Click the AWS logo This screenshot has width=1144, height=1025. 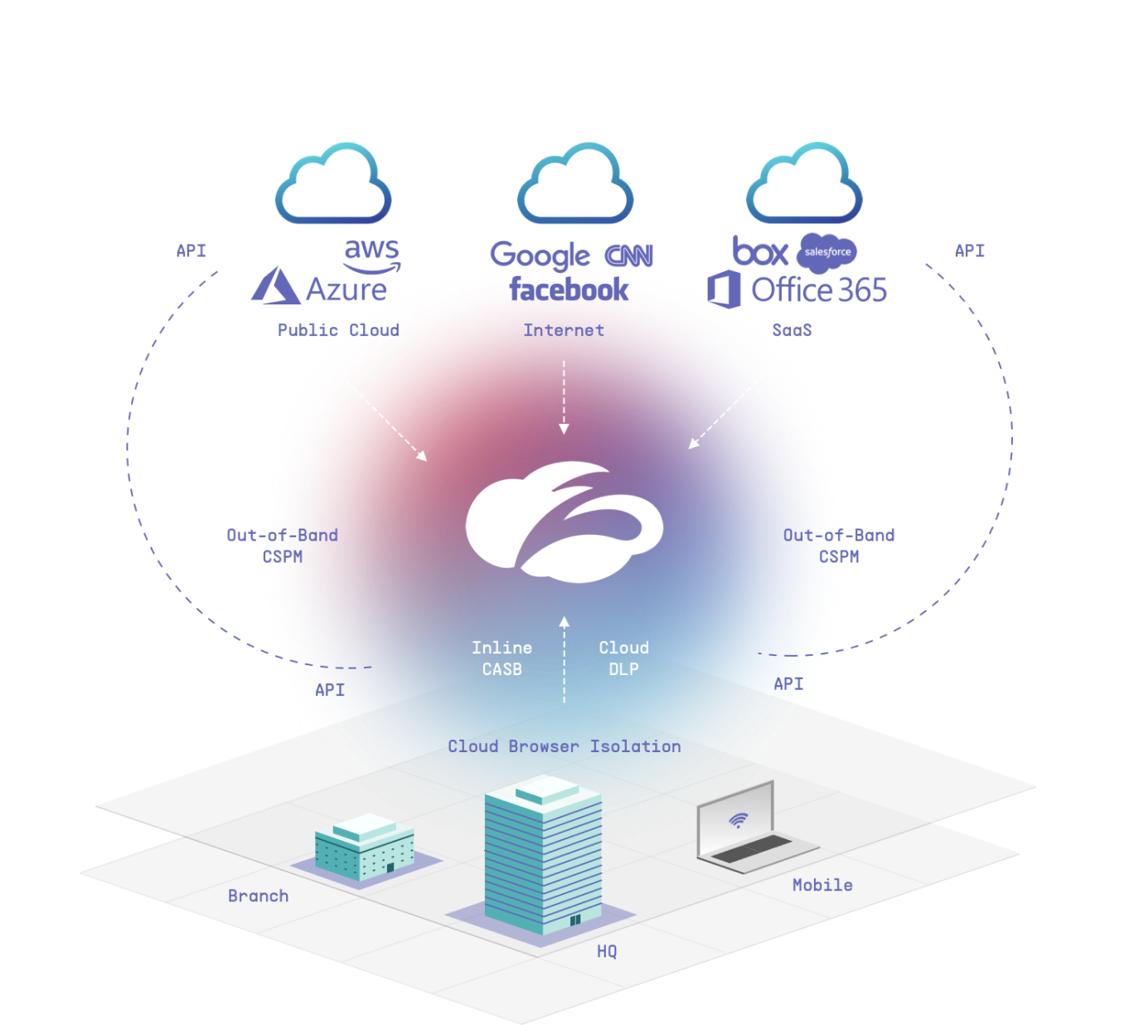pyautogui.click(x=372, y=255)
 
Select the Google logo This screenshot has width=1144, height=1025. pyautogui.click(x=540, y=255)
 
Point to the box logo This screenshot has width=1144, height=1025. pyautogui.click(x=760, y=251)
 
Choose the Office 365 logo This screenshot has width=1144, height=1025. pyautogui.click(x=798, y=290)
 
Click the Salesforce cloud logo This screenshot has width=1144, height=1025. pyautogui.click(x=827, y=253)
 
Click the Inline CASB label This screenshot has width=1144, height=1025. pyautogui.click(x=502, y=658)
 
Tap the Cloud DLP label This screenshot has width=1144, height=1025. pyautogui.click(x=623, y=658)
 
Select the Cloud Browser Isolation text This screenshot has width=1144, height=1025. pyautogui.click(x=564, y=746)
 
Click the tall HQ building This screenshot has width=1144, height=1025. pyautogui.click(x=543, y=854)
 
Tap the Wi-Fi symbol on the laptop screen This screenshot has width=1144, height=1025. pyautogui.click(x=737, y=820)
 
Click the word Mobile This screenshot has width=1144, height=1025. pyautogui.click(x=822, y=885)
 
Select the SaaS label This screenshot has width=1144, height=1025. pyautogui.click(x=792, y=330)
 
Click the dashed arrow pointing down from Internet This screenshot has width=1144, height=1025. pyautogui.click(x=564, y=396)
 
